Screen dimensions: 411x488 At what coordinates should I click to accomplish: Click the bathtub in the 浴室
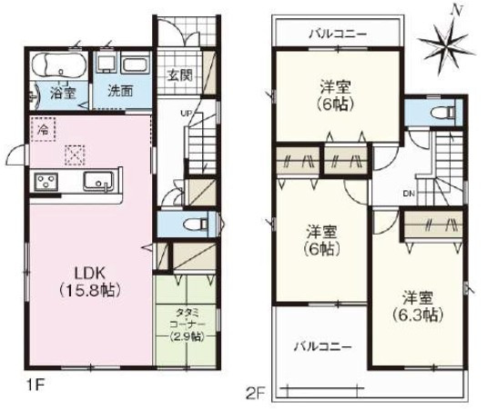[x=60, y=66]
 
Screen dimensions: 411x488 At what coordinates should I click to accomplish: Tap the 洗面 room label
[x=119, y=91]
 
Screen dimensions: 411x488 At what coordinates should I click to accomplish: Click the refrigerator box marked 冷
[x=42, y=130]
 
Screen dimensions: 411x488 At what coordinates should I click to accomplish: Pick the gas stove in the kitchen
[x=46, y=182]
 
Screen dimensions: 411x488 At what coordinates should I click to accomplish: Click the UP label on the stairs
[x=186, y=113]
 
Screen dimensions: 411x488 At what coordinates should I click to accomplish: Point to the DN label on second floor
[x=409, y=193]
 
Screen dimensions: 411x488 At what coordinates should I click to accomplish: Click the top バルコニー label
[x=336, y=34]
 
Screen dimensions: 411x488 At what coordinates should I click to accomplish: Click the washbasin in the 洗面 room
[x=134, y=65]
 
